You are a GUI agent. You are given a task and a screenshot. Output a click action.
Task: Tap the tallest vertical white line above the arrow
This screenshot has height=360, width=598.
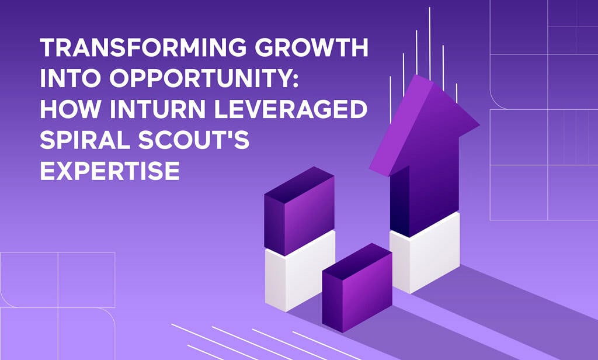click(430, 44)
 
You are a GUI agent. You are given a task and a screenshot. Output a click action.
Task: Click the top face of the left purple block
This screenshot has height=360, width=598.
click(300, 185)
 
